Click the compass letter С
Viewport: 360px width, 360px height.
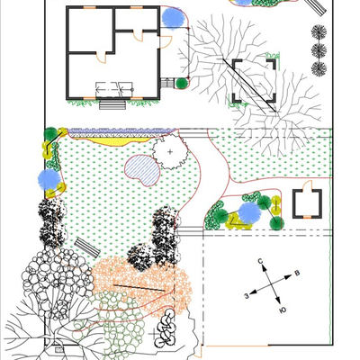(260, 261)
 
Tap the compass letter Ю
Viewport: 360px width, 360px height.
(282, 310)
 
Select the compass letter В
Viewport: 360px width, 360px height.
(297, 273)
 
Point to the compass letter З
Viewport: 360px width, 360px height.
(247, 296)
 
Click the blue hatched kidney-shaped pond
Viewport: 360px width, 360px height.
(142, 170)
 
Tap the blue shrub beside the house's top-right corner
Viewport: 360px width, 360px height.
(173, 19)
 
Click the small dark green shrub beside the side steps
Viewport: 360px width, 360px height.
(181, 84)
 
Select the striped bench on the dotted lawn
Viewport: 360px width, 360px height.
(87, 247)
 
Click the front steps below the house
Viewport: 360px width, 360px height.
(112, 104)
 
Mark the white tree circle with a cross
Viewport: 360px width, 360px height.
(170, 152)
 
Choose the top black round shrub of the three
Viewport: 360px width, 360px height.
(319, 31)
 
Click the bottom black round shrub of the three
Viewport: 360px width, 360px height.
(319, 68)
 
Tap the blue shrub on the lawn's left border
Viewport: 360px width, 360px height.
(49, 180)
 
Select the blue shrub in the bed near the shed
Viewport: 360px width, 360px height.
(249, 213)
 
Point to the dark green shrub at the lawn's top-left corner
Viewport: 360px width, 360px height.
(50, 134)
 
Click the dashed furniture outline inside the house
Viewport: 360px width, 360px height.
(114, 89)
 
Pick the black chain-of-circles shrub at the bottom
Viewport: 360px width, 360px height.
(165, 328)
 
